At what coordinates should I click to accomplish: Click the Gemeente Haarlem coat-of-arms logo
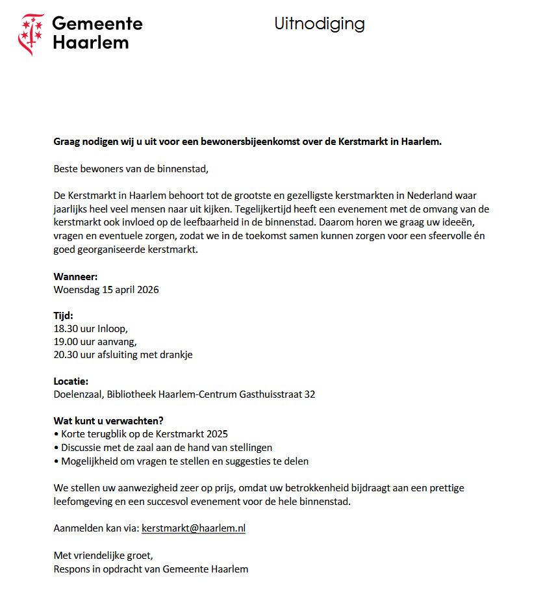[31, 34]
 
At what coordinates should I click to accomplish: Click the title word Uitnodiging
[319, 25]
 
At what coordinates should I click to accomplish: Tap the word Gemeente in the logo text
[97, 23]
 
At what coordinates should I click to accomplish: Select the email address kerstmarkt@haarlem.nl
[193, 528]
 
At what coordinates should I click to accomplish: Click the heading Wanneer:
[75, 276]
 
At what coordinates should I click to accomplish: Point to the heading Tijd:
[63, 316]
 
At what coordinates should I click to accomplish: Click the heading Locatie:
[71, 381]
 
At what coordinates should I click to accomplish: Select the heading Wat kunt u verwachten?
[108, 420]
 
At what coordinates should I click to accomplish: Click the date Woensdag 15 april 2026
[106, 290]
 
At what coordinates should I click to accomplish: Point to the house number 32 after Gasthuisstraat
[309, 394]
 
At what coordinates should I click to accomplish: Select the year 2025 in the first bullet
[217, 433]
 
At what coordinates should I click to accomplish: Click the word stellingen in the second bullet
[251, 447]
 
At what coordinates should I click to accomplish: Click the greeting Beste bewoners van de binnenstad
[131, 170]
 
